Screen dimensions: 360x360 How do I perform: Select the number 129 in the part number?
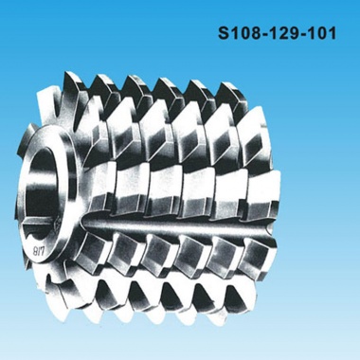pos(282,33)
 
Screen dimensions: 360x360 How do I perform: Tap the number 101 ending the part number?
pos(319,33)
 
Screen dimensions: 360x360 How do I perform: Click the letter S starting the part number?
pos(224,33)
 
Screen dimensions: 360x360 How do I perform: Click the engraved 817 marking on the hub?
pos(40,251)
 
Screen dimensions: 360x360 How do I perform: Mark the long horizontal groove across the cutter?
pos(177,225)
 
